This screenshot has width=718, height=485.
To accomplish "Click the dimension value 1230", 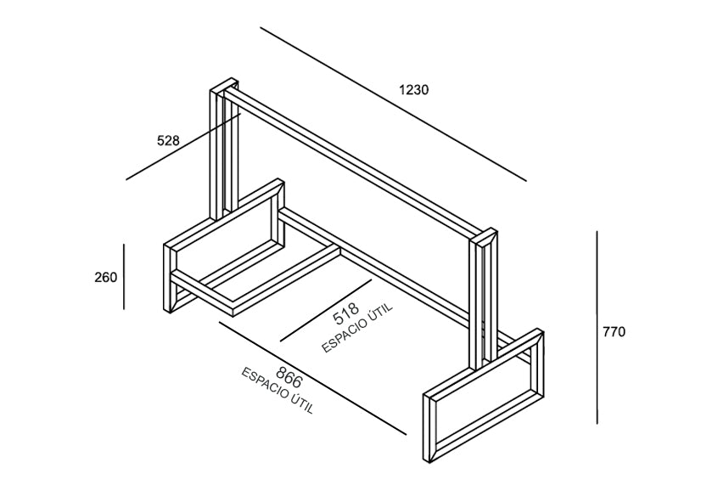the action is pyautogui.click(x=414, y=90).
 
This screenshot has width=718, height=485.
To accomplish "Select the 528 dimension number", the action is pyautogui.click(x=168, y=140).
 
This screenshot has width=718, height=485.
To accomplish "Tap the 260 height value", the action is pyautogui.click(x=106, y=278).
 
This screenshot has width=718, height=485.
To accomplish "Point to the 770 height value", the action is pyautogui.click(x=614, y=331).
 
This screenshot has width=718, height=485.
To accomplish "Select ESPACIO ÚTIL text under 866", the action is pyautogui.click(x=278, y=391).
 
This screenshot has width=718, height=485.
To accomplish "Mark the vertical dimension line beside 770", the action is pyautogui.click(x=597, y=327).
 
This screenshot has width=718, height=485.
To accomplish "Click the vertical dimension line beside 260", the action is pyautogui.click(x=124, y=276).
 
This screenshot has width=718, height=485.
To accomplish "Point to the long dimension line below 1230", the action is pyautogui.click(x=393, y=104).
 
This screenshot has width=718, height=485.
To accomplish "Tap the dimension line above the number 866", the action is pyautogui.click(x=312, y=378).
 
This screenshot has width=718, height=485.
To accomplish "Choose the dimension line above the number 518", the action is pyautogui.click(x=326, y=310).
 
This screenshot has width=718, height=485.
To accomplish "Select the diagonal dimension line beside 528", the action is pyautogui.click(x=183, y=147).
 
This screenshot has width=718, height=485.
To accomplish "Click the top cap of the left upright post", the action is pyautogui.click(x=224, y=86).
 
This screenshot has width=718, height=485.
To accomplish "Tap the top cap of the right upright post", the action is pyautogui.click(x=484, y=236).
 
